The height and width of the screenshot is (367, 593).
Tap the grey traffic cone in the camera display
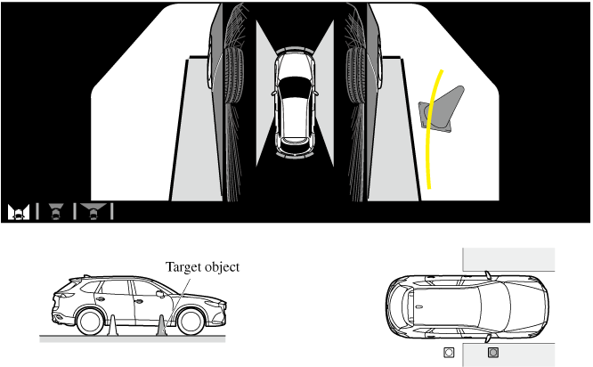442,110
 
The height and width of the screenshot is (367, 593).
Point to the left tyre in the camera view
234,76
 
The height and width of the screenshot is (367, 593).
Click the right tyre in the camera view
356,76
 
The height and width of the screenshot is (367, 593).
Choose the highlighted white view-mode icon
19,211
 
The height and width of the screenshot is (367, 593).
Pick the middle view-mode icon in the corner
56,211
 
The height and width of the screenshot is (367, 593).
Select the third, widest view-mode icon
93,211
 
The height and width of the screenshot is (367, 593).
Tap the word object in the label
221,267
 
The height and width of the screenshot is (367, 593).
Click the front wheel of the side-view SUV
191,322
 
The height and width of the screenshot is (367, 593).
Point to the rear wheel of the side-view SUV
90,322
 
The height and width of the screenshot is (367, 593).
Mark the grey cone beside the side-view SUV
162,326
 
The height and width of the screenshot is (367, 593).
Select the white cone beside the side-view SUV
112,326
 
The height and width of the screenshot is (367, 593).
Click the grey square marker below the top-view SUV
492,353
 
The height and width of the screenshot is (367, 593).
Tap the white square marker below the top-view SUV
449,353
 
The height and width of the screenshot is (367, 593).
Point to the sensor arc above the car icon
295,50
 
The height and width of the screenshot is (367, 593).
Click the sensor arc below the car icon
295,154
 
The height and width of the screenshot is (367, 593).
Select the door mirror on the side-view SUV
160,294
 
